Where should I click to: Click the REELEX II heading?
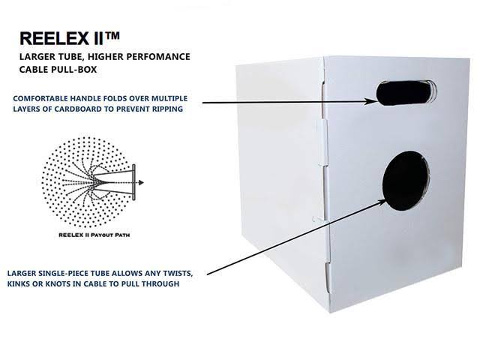point(61,38)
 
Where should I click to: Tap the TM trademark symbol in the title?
point(112,36)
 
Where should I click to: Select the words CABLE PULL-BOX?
point(58,70)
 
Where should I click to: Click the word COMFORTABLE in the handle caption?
point(40,98)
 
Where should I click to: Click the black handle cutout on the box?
point(405,93)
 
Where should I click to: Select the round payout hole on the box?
point(406,181)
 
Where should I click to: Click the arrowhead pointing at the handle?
point(370,101)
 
